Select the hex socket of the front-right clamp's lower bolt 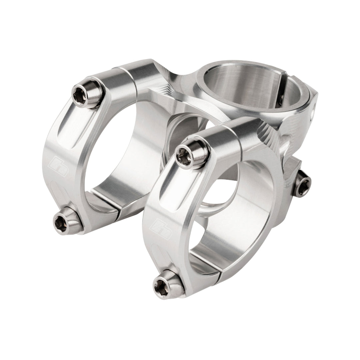(x=162, y=285)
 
